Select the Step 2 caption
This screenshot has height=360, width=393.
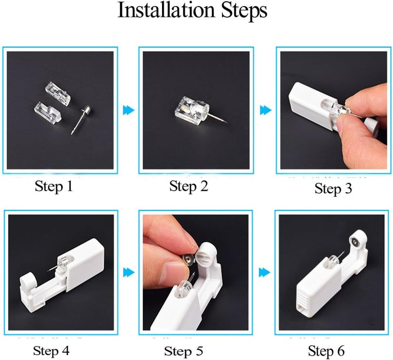[x=188, y=186]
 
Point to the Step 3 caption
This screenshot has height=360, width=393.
[x=334, y=188]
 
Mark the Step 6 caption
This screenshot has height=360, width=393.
[x=326, y=350]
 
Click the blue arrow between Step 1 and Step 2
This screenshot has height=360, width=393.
[x=129, y=110]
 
